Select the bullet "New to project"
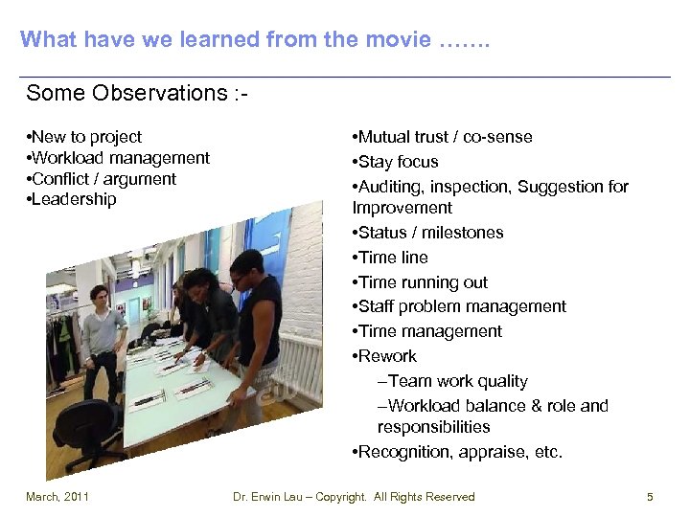(86, 137)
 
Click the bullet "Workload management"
(121, 158)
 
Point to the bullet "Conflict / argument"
(103, 179)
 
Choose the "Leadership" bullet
(74, 199)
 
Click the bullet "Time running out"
(423, 282)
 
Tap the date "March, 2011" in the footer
(57, 497)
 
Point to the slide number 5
(650, 497)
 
